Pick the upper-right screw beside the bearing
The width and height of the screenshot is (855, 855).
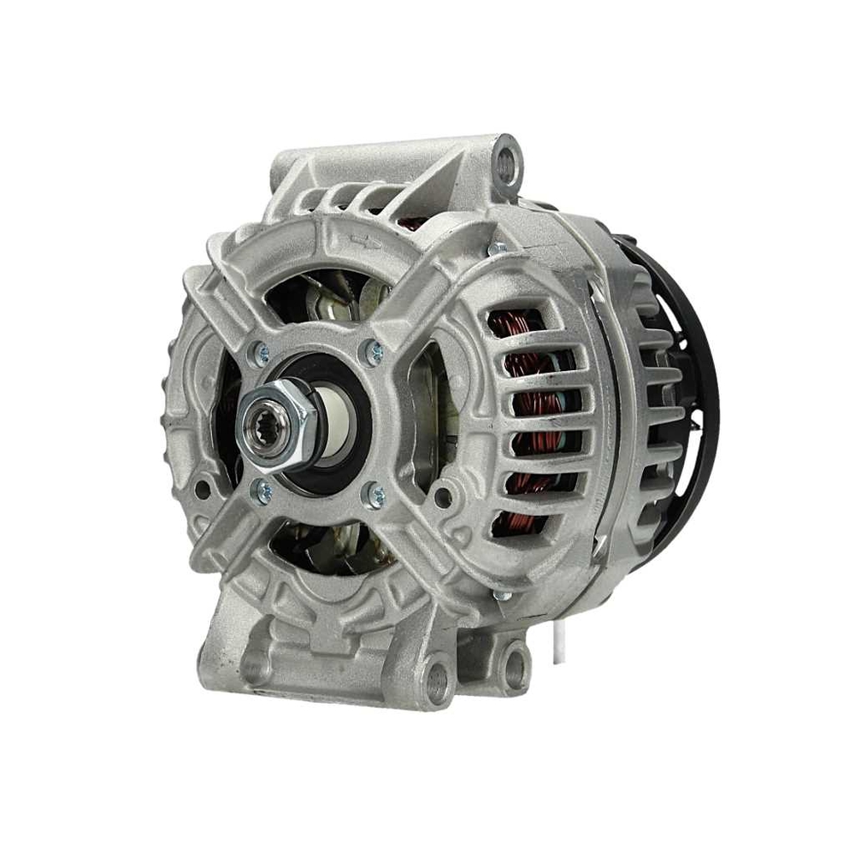[x=374, y=349]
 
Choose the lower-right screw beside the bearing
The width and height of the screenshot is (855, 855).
[x=374, y=494]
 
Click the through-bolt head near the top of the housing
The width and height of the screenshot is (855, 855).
[x=495, y=249]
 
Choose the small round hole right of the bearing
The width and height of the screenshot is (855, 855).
[x=442, y=495]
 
